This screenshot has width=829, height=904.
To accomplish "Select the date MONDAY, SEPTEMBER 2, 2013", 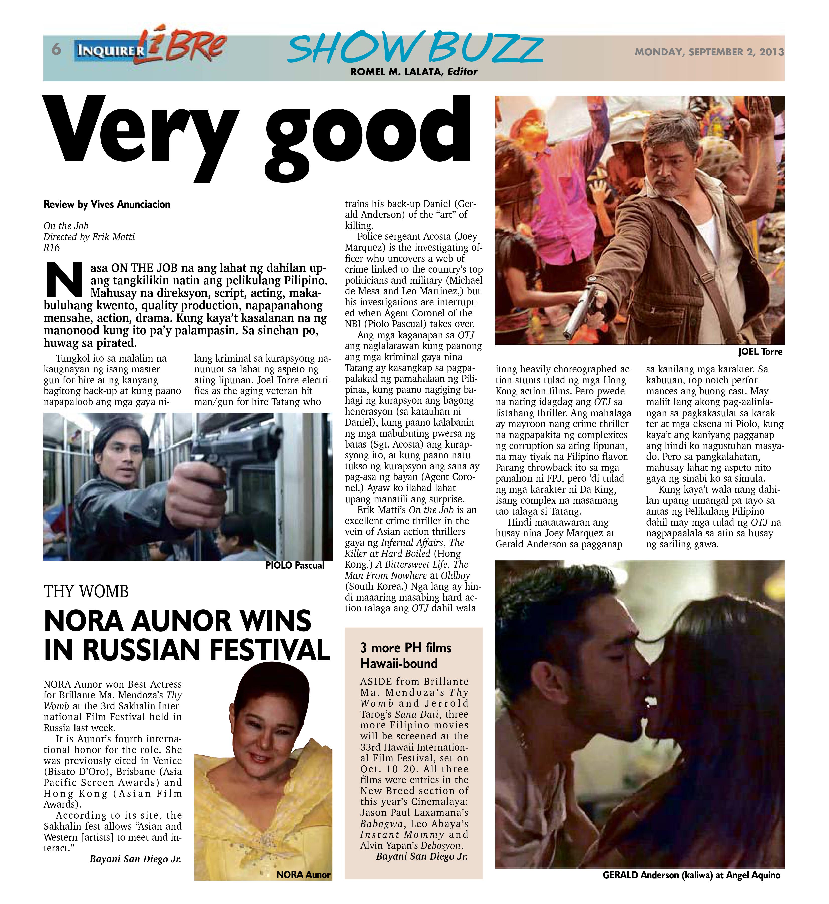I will [x=709, y=52].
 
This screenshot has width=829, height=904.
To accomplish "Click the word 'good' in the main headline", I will [x=368, y=134].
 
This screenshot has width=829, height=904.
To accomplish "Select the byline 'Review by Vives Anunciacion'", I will [x=107, y=204].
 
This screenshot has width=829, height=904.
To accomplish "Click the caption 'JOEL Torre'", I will [x=760, y=352].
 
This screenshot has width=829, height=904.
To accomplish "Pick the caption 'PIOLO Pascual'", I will [x=294, y=565].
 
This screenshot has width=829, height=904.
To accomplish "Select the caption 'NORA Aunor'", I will [x=303, y=874].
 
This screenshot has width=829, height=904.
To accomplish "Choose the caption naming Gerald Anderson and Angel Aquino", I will [x=691, y=875].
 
